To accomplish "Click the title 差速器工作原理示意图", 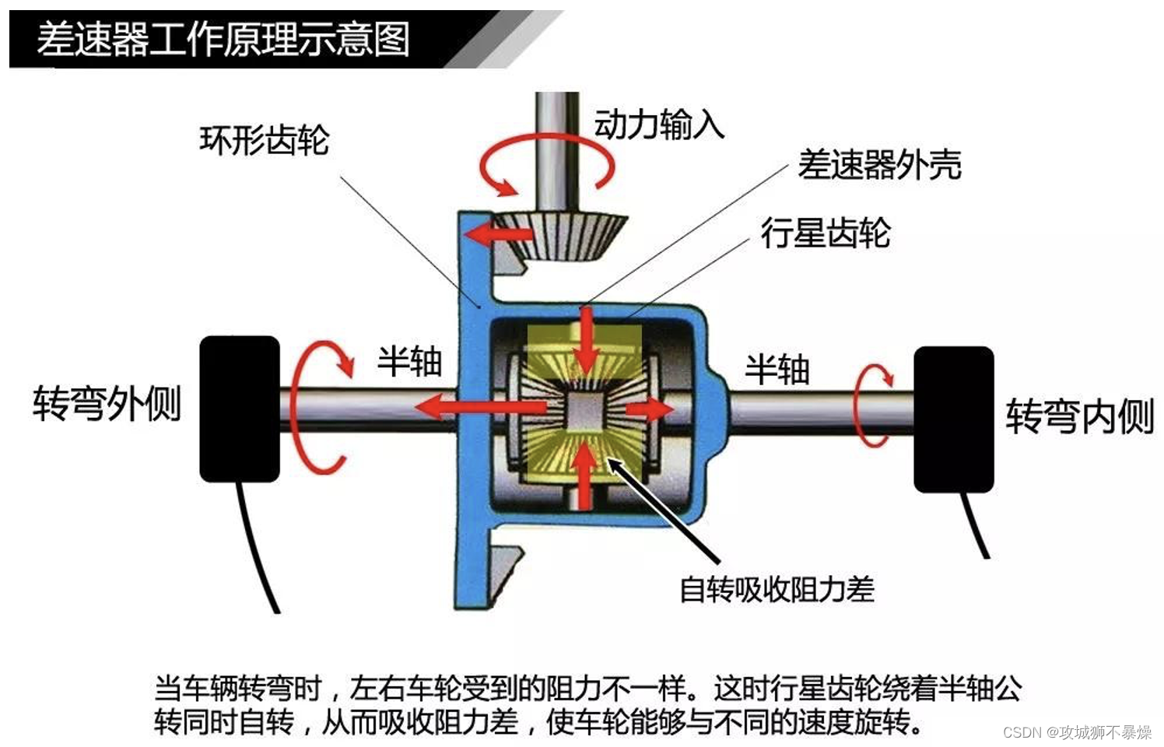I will pos(223,39).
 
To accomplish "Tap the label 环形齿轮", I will pos(264,141).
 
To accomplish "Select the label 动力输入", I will pos(659,124).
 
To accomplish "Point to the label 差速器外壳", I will pos(879,165).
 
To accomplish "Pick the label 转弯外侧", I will pos(107,403).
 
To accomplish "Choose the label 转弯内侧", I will pos(1079,416).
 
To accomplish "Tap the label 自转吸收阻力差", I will pos(777,589).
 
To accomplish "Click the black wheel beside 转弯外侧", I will pos(240,409).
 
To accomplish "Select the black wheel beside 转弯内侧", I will pos(953,419).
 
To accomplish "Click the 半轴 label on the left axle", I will pos(409,362).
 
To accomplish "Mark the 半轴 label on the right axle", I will pos(777,370).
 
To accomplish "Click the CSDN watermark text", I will pos(1077,732).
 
